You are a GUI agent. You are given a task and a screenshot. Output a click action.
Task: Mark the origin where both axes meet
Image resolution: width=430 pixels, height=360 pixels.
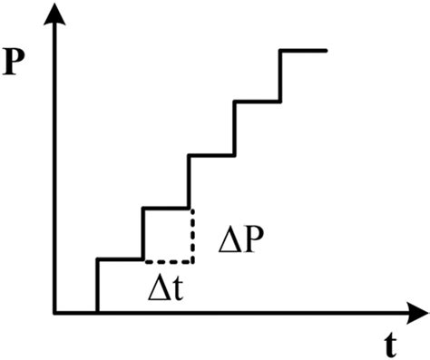tap(56, 314)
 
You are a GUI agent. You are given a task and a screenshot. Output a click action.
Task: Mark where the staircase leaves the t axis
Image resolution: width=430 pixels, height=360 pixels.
tap(97, 314)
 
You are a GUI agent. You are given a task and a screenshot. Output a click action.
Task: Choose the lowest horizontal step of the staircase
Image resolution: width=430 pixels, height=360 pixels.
tap(120, 260)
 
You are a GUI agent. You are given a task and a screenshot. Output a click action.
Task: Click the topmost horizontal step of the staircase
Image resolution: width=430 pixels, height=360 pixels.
tap(303, 51)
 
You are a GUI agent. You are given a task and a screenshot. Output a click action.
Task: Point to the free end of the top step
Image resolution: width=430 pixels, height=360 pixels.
tap(326, 51)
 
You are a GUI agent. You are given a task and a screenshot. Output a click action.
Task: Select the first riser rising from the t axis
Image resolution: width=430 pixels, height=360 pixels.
tap(97, 287)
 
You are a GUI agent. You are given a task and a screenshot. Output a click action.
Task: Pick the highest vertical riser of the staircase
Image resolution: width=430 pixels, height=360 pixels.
tap(280, 76)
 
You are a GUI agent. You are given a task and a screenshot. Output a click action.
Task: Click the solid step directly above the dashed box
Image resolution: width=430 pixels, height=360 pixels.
tap(166, 208)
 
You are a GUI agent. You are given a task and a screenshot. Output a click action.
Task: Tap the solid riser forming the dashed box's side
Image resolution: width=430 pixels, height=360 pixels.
tap(143, 234)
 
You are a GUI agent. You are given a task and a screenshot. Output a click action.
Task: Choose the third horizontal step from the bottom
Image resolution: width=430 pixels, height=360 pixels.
tap(211, 155)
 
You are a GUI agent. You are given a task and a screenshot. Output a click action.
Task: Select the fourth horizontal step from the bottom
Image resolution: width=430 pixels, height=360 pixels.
tap(258, 102)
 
